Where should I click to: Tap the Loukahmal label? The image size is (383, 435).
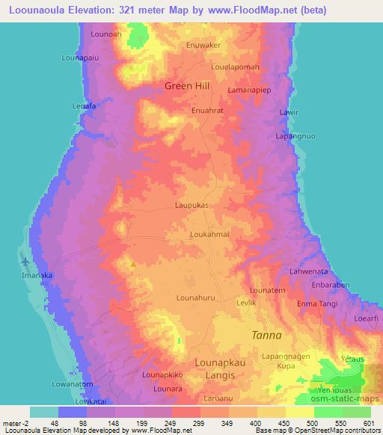209,234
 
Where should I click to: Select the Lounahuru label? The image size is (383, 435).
195,297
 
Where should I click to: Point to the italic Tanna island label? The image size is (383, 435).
266,336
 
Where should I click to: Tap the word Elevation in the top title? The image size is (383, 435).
93,8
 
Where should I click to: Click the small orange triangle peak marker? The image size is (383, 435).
134,263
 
